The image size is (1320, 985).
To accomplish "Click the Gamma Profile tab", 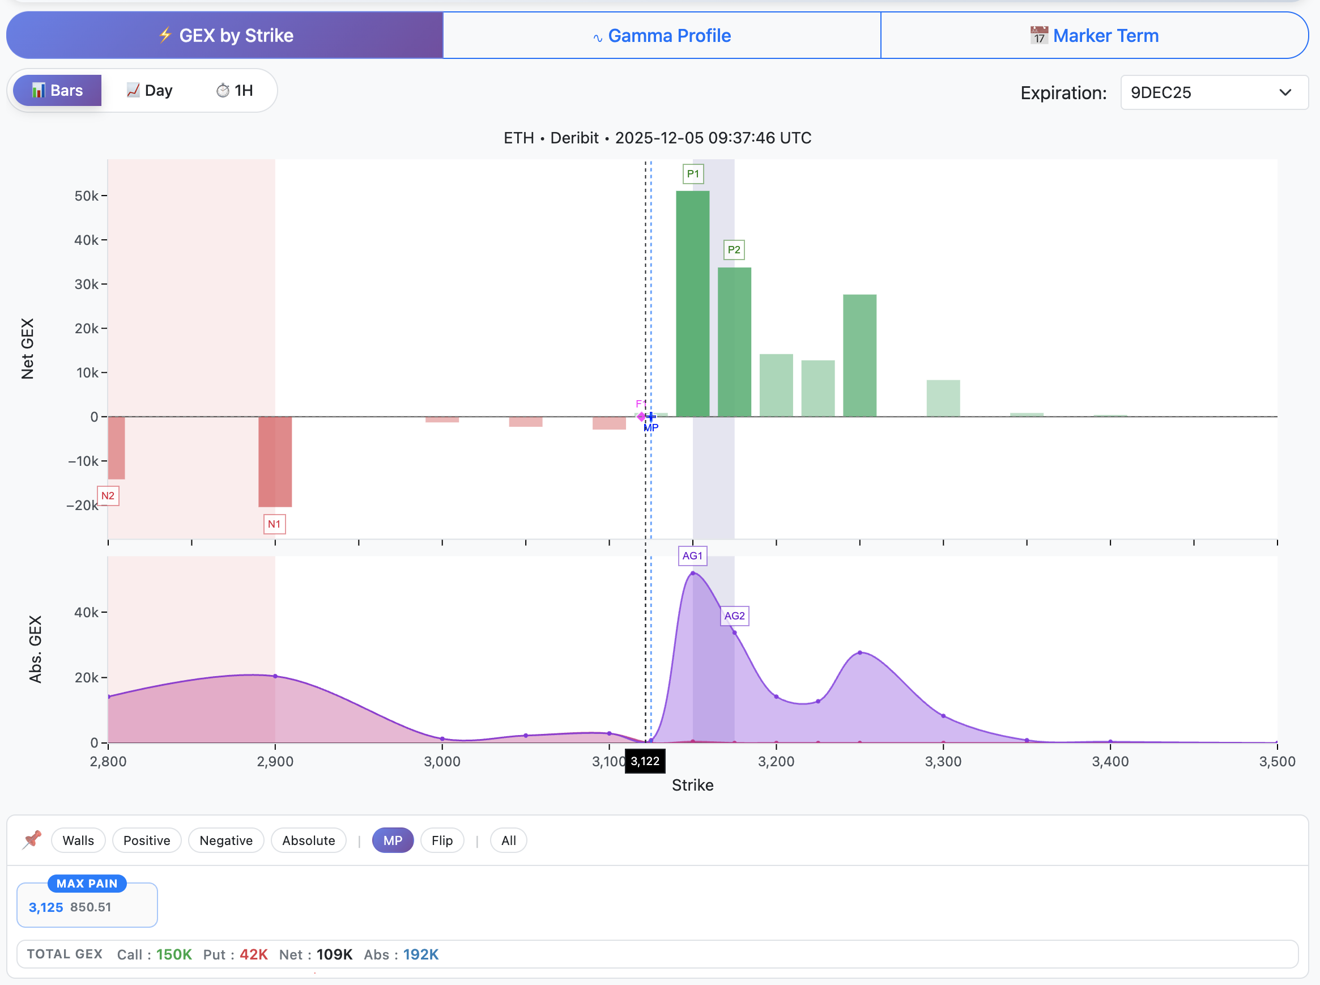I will coord(662,36).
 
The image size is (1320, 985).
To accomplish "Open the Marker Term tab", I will coord(1094,36).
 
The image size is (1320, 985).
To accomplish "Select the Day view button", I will coord(150,91).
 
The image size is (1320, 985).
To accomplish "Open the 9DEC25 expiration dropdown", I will coord(1213,92).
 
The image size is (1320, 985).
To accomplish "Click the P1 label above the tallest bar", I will coord(692,174).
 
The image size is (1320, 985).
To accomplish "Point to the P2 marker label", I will coord(734,250).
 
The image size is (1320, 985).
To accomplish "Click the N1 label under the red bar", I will coord(274,524).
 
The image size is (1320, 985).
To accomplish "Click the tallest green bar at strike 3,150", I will coord(692,304).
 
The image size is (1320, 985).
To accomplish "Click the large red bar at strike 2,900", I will coord(275,461).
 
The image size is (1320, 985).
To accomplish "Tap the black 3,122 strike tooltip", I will coord(645,761).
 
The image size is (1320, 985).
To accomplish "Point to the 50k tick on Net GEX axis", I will coord(87,196).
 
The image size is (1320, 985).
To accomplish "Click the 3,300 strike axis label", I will coord(943,761).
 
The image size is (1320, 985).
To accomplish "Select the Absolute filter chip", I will coord(308,840).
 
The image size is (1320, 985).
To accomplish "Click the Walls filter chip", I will coord(78,840).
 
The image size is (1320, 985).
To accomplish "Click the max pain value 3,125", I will coord(46,907).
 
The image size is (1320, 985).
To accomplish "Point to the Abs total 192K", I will coord(421,954).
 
